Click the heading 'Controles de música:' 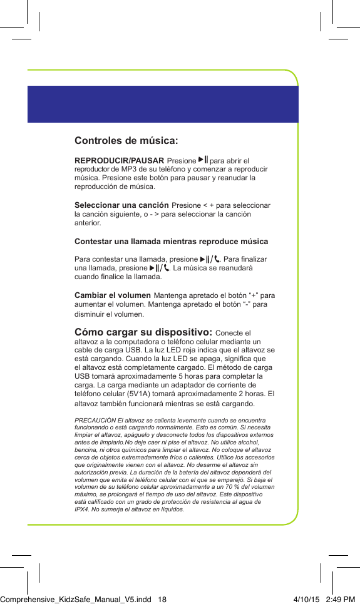click(x=126, y=140)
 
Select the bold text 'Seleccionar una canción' click(x=121, y=205)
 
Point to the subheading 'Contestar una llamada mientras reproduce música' click(x=171, y=241)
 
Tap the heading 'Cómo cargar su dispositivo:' click(x=143, y=332)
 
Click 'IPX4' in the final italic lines click(x=82, y=509)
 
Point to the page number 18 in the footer click(x=162, y=599)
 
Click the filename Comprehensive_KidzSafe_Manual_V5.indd click(x=75, y=599)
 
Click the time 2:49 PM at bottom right click(x=341, y=599)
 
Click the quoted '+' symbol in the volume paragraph click(x=255, y=295)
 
